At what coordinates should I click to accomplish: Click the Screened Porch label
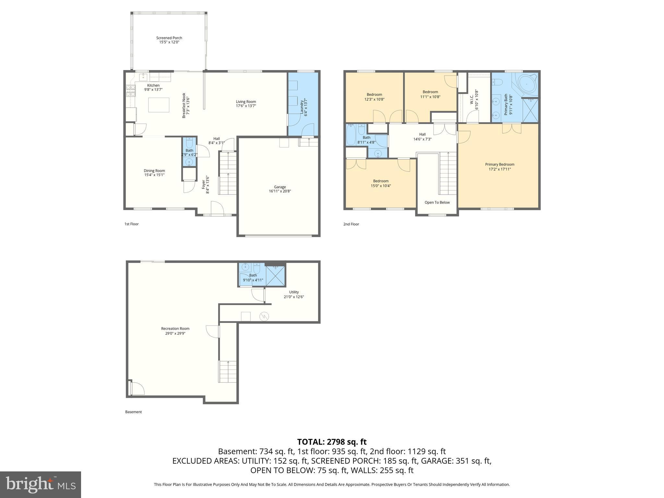tap(169, 38)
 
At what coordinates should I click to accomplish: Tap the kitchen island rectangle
tap(159, 105)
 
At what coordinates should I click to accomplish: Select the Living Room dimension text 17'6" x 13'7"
tap(246, 106)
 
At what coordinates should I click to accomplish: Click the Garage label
tap(280, 187)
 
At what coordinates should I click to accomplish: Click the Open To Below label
tap(437, 202)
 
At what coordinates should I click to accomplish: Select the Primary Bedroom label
tap(499, 164)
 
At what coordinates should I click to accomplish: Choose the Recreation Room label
tap(175, 328)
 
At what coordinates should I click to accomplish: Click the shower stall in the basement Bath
tap(276, 276)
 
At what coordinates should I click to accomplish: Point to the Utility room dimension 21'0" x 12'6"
tap(294, 297)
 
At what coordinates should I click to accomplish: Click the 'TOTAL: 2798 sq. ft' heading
tap(332, 442)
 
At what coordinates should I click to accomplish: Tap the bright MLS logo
tap(41, 484)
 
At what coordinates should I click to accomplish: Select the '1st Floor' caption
tap(131, 224)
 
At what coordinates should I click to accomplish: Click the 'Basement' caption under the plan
tap(133, 412)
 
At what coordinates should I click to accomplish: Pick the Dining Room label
tap(154, 171)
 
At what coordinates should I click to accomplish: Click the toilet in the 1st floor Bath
tap(190, 143)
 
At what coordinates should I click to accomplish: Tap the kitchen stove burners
tap(130, 90)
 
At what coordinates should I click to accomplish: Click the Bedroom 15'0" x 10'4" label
tap(381, 181)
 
